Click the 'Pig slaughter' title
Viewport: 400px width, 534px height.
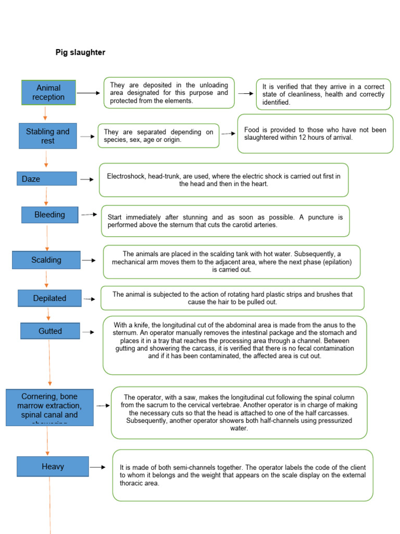[x=80, y=52]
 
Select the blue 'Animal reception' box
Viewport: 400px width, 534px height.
[x=48, y=92]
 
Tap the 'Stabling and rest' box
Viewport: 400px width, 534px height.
[x=48, y=136]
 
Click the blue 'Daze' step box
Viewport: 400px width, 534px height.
[x=46, y=179]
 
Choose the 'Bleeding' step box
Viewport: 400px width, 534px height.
[x=49, y=214]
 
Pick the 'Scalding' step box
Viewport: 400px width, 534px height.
[x=46, y=260]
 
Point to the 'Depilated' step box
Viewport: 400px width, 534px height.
[x=49, y=298]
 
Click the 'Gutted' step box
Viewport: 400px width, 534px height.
[x=50, y=331]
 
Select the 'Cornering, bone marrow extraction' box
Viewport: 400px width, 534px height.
[x=49, y=407]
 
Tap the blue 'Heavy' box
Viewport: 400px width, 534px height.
[x=53, y=466]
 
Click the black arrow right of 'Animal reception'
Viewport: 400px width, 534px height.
[x=88, y=93]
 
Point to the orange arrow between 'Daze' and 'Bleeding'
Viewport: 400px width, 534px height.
[x=46, y=196]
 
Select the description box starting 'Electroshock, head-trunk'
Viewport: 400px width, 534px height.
[x=223, y=180]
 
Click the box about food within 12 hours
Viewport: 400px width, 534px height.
[x=315, y=133]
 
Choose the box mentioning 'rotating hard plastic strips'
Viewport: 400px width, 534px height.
[x=232, y=298]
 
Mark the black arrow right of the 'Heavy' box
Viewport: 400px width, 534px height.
[x=98, y=468]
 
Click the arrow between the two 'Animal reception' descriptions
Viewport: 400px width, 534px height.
[x=245, y=93]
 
